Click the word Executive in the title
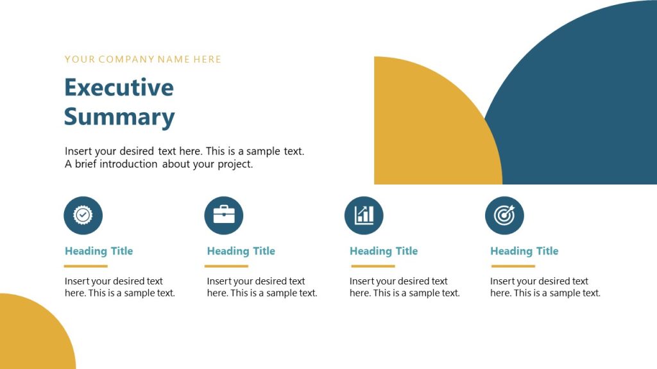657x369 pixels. tap(119, 87)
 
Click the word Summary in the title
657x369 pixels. tap(119, 117)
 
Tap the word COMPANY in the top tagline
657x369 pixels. tap(126, 60)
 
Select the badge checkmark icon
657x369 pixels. tap(83, 215)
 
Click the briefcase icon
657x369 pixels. tap(223, 215)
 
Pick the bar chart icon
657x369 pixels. tap(364, 215)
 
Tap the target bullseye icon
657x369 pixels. tap(504, 215)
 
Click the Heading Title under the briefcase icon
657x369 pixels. tap(241, 251)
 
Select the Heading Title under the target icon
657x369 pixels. tap(524, 251)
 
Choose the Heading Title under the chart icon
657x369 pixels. tap(383, 251)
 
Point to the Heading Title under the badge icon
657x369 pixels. tap(99, 251)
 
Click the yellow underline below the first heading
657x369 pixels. tap(86, 266)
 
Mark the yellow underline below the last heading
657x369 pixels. tap(512, 266)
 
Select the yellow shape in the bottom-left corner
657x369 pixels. tap(32, 336)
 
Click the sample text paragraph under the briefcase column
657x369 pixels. tap(262, 287)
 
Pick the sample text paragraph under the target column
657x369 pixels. tap(545, 287)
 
